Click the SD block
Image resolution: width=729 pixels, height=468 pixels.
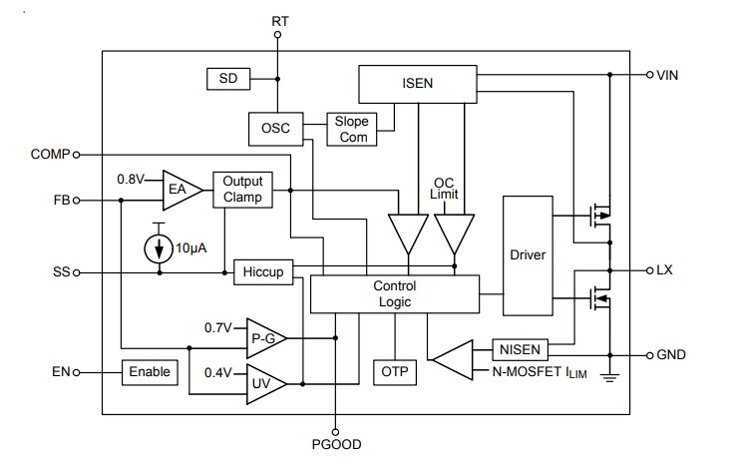coord(227,78)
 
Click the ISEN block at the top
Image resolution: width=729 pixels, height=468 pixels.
coord(417,83)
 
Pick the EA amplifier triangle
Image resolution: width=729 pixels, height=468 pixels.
coord(180,187)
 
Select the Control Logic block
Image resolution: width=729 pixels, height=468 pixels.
coord(394,293)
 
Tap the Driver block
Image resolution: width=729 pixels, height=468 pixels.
coord(528,254)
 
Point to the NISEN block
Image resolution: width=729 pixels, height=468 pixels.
coord(521,350)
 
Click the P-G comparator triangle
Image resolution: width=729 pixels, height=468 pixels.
coord(265,339)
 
